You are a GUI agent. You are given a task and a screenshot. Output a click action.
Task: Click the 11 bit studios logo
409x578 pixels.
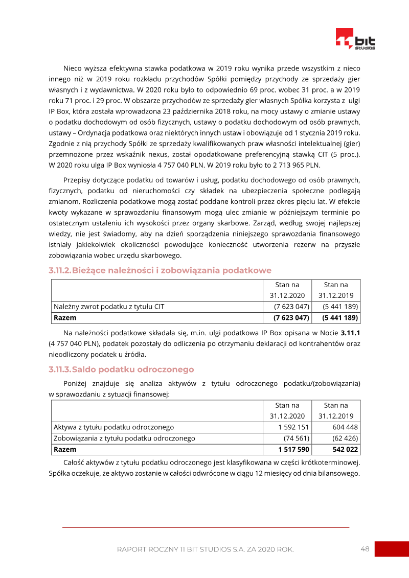(x=355, y=39)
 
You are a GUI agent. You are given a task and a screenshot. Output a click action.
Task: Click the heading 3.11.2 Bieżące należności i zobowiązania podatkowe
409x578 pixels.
(x=160, y=270)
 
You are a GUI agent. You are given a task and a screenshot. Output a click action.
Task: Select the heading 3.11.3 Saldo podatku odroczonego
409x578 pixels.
(x=121, y=369)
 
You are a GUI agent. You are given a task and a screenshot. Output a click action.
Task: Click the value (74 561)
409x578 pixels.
(x=296, y=438)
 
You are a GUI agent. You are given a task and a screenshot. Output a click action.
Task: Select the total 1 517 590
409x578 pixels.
(x=293, y=450)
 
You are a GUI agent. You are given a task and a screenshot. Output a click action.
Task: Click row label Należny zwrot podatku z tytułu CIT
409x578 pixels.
(x=109, y=307)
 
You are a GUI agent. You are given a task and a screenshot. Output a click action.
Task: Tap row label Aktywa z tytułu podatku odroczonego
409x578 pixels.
(x=114, y=427)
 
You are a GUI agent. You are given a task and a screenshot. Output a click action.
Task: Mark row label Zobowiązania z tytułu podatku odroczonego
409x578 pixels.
(x=124, y=438)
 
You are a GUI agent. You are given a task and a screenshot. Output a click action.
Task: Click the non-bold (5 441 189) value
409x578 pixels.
(x=340, y=307)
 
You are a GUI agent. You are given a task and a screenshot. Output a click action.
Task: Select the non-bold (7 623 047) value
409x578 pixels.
(x=291, y=307)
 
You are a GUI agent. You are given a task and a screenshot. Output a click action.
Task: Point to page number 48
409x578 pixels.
(x=365, y=549)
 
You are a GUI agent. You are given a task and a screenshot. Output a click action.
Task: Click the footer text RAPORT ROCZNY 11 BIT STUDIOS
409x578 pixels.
(x=205, y=550)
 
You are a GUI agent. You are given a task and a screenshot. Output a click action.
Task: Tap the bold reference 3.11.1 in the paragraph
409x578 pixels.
(x=351, y=333)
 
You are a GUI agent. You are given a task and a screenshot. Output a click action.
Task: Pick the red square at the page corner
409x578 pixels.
(x=392, y=549)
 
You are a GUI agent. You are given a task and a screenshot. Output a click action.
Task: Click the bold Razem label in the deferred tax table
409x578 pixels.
(x=65, y=450)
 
